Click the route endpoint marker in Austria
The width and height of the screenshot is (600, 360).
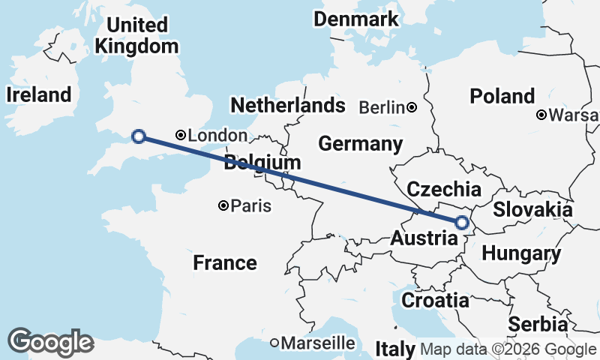[462, 222]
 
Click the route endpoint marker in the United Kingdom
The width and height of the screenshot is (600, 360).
[138, 136]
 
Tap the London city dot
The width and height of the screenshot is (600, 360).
[181, 135]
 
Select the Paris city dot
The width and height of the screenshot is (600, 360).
[223, 205]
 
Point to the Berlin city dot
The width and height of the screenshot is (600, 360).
[412, 108]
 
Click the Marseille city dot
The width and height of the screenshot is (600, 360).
[275, 343]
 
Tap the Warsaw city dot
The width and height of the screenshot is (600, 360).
[541, 115]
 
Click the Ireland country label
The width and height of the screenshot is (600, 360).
[38, 94]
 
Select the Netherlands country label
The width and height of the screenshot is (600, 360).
[288, 104]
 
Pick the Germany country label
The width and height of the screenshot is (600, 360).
[360, 143]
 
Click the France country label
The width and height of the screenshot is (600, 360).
[225, 262]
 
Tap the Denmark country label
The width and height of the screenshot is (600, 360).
[356, 19]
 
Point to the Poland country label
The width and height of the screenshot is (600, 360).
[502, 96]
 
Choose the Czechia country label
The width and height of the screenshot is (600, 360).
[443, 187]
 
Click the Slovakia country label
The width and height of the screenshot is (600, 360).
[532, 208]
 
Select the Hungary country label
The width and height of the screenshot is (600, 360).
[520, 253]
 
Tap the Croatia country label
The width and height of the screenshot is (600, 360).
[436, 300]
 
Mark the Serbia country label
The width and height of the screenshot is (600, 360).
[538, 324]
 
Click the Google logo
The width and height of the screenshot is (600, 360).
[51, 342]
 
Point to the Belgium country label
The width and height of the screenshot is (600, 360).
[262, 162]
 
